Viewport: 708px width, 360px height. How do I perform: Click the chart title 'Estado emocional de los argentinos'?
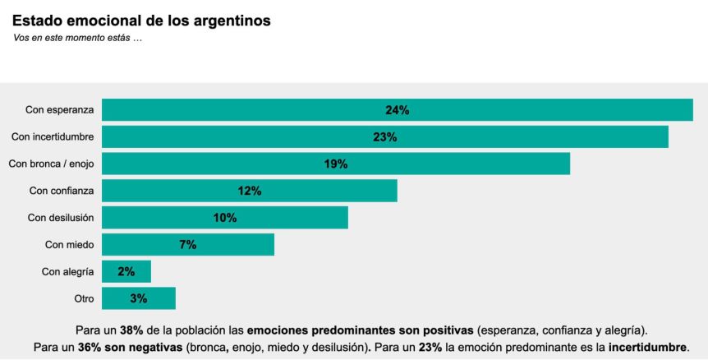141,21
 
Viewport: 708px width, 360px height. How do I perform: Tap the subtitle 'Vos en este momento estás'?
78,39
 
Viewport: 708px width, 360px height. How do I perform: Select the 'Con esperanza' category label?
60,109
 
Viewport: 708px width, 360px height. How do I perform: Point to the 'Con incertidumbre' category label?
53,136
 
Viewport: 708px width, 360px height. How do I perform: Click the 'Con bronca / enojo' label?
51,164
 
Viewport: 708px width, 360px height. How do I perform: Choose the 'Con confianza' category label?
62,191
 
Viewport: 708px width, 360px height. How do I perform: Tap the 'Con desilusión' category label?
61,218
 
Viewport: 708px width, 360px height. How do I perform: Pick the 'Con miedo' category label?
70,244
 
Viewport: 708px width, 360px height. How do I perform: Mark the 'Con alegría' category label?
68,271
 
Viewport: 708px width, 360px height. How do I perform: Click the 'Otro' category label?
85,298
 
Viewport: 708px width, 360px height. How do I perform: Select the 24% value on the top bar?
398,109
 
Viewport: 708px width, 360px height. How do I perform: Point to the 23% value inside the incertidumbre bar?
385,136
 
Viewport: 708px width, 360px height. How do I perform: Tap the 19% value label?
336,164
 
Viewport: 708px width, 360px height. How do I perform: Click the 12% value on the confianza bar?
250,191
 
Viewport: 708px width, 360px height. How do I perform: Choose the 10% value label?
225,218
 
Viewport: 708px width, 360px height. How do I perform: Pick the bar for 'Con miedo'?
188,244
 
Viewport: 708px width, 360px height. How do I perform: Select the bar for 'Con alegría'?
126,271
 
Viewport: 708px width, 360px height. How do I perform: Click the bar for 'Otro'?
139,298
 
